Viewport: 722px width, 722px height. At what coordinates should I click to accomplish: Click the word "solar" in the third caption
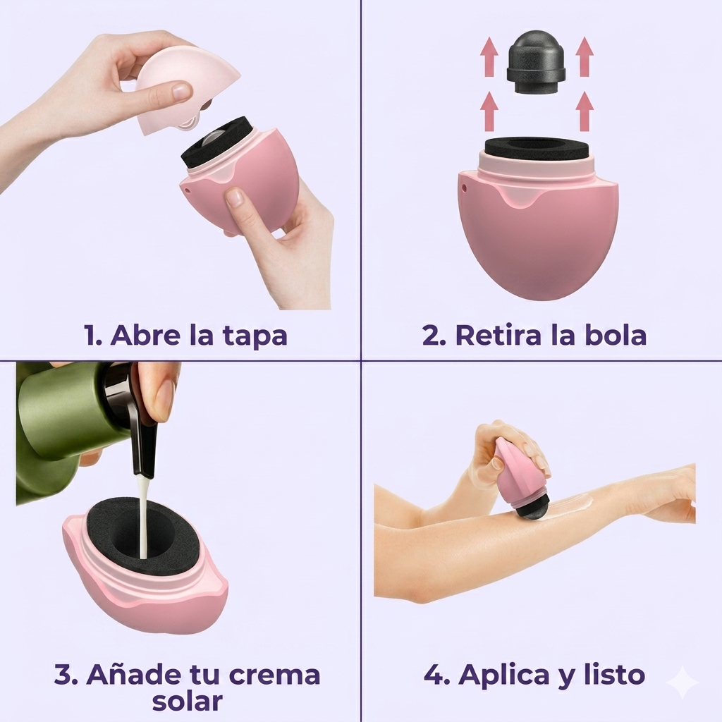click(x=187, y=701)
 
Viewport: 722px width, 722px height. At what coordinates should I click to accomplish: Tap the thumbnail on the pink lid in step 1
click(x=181, y=91)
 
